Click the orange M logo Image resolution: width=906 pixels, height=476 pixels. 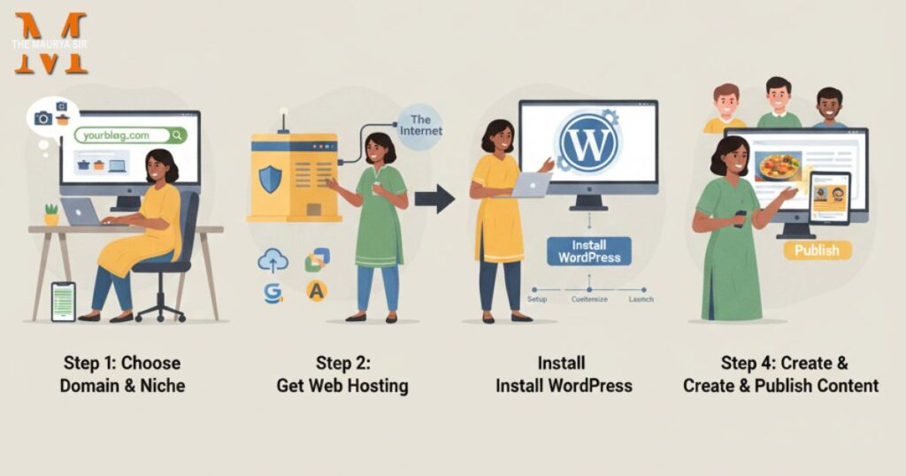pos(50,43)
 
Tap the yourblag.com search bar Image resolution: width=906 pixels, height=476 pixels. pos(130,135)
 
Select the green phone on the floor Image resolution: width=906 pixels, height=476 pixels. pos(63,301)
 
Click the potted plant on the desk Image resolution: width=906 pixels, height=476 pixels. pos(51,214)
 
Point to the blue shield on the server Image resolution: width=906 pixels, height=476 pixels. pos(270,180)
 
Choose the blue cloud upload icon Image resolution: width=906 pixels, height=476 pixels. pos(273,260)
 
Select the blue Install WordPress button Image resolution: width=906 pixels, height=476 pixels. pos(589,250)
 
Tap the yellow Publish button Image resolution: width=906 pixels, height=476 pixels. pos(817,250)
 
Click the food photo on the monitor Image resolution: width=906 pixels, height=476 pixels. pos(778,167)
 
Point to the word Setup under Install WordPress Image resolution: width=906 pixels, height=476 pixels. pos(537,300)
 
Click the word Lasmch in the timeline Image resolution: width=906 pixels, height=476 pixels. pos(641,300)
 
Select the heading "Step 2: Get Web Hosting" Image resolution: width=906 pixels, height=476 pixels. pos(342,373)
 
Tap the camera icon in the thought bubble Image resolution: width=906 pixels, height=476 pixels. pos(42,118)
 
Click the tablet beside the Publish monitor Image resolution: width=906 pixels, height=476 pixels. pos(829,198)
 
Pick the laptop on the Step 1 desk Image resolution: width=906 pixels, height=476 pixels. pos(81,211)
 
